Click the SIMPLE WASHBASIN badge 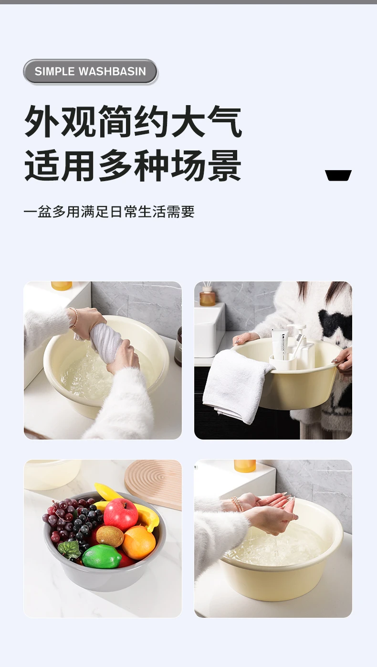(x=90, y=72)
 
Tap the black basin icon (x=338, y=175)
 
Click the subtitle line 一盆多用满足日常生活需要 (x=109, y=212)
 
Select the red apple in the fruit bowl (x=121, y=515)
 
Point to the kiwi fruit (x=110, y=537)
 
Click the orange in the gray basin (x=139, y=542)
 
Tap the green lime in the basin (x=102, y=556)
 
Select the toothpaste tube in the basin (x=280, y=345)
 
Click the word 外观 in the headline (x=60, y=121)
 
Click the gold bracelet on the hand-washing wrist (x=237, y=504)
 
